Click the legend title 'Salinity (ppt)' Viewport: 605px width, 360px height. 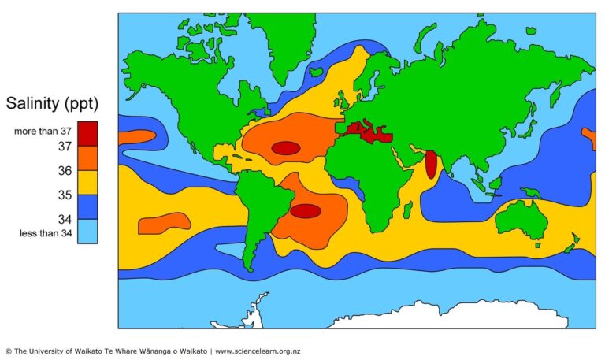coord(53,102)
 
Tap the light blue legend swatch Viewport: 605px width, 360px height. coord(87,231)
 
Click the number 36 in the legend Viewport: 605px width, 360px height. coord(65,171)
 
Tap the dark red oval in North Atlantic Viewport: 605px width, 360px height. coord(285,147)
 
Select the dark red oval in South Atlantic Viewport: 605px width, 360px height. coord(305,210)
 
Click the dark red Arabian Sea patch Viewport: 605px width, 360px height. coord(431,165)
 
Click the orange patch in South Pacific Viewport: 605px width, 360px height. coord(164,224)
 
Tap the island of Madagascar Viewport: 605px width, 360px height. coord(408,210)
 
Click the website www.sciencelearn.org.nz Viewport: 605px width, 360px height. coord(258,351)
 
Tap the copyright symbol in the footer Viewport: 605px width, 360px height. coord(9,351)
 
